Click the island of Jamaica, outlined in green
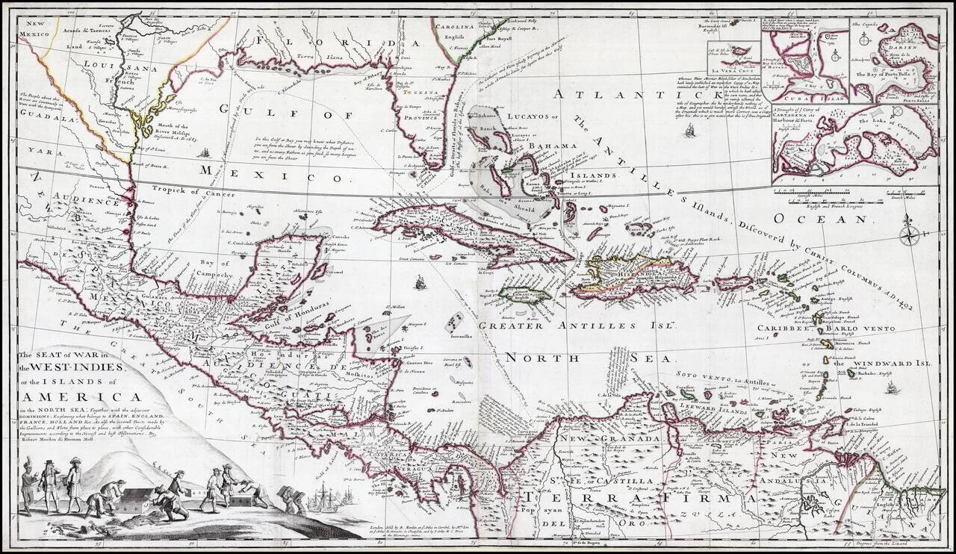tap(526, 295)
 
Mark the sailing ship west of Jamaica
tap(420, 282)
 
